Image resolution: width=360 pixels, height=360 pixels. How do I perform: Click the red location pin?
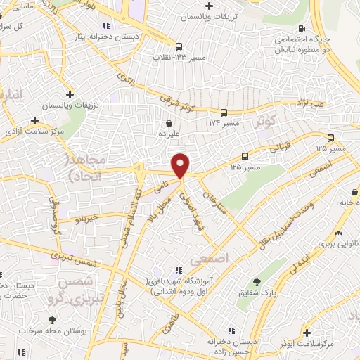pos(181,165)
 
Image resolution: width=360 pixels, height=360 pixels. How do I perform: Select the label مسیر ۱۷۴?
pos(224,123)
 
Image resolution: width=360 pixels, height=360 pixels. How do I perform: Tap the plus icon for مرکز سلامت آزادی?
pos(34,120)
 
